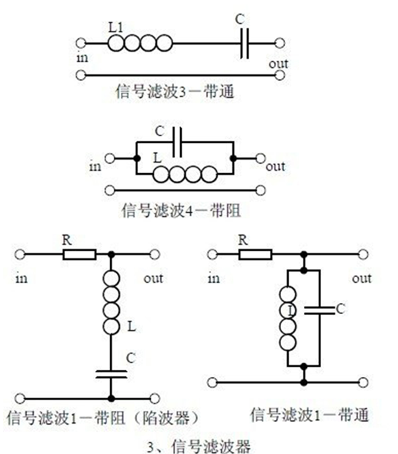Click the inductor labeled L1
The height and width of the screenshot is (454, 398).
(x=140, y=44)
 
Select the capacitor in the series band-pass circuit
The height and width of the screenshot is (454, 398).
(x=244, y=44)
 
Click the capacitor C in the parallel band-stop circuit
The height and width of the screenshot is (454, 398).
(x=178, y=142)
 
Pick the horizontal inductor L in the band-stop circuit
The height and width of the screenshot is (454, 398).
(x=184, y=174)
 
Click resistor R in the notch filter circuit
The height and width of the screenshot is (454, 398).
(x=79, y=254)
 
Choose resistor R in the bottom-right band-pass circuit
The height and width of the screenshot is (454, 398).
(x=256, y=254)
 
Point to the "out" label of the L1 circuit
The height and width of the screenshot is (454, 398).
(x=279, y=63)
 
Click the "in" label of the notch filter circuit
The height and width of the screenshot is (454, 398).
(x=22, y=279)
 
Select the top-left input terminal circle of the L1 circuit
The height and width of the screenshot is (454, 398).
(x=82, y=43)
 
